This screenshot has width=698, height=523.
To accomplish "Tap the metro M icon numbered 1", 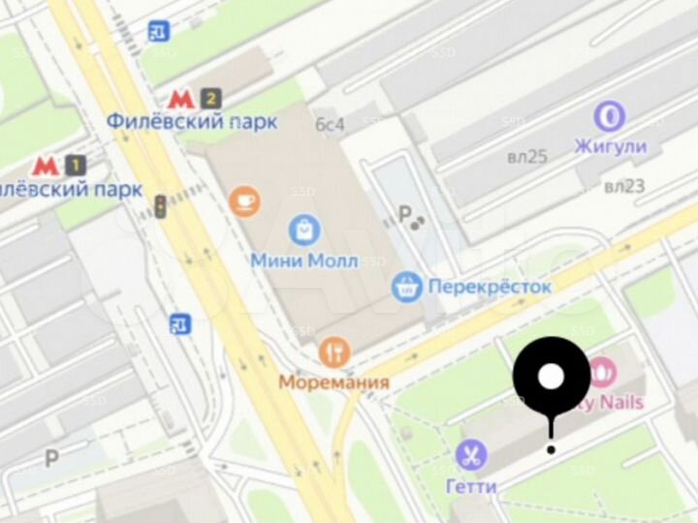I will [x=44, y=166].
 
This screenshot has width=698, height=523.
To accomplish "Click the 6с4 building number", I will [x=330, y=124].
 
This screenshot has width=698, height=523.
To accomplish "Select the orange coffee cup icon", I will [x=244, y=200].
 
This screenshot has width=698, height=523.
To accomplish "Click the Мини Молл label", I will [x=304, y=261].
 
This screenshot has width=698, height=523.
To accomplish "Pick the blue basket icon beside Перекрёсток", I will [x=407, y=287].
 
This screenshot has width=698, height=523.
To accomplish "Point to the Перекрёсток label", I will [x=490, y=287].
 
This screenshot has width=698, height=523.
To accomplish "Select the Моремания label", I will [x=334, y=382].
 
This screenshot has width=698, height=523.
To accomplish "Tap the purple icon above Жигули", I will [x=610, y=117].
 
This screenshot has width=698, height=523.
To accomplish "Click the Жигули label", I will [x=610, y=147].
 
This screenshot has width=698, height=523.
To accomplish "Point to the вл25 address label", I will [x=527, y=157].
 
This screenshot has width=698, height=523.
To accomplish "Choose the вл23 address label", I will [x=624, y=187].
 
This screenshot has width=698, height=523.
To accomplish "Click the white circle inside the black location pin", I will [x=551, y=376].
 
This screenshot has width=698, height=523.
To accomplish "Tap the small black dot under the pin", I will [x=551, y=448].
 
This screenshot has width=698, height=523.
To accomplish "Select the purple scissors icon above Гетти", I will [x=472, y=455].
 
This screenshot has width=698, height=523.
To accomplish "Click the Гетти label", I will [x=472, y=485].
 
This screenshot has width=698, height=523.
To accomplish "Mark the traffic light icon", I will [x=161, y=205].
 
